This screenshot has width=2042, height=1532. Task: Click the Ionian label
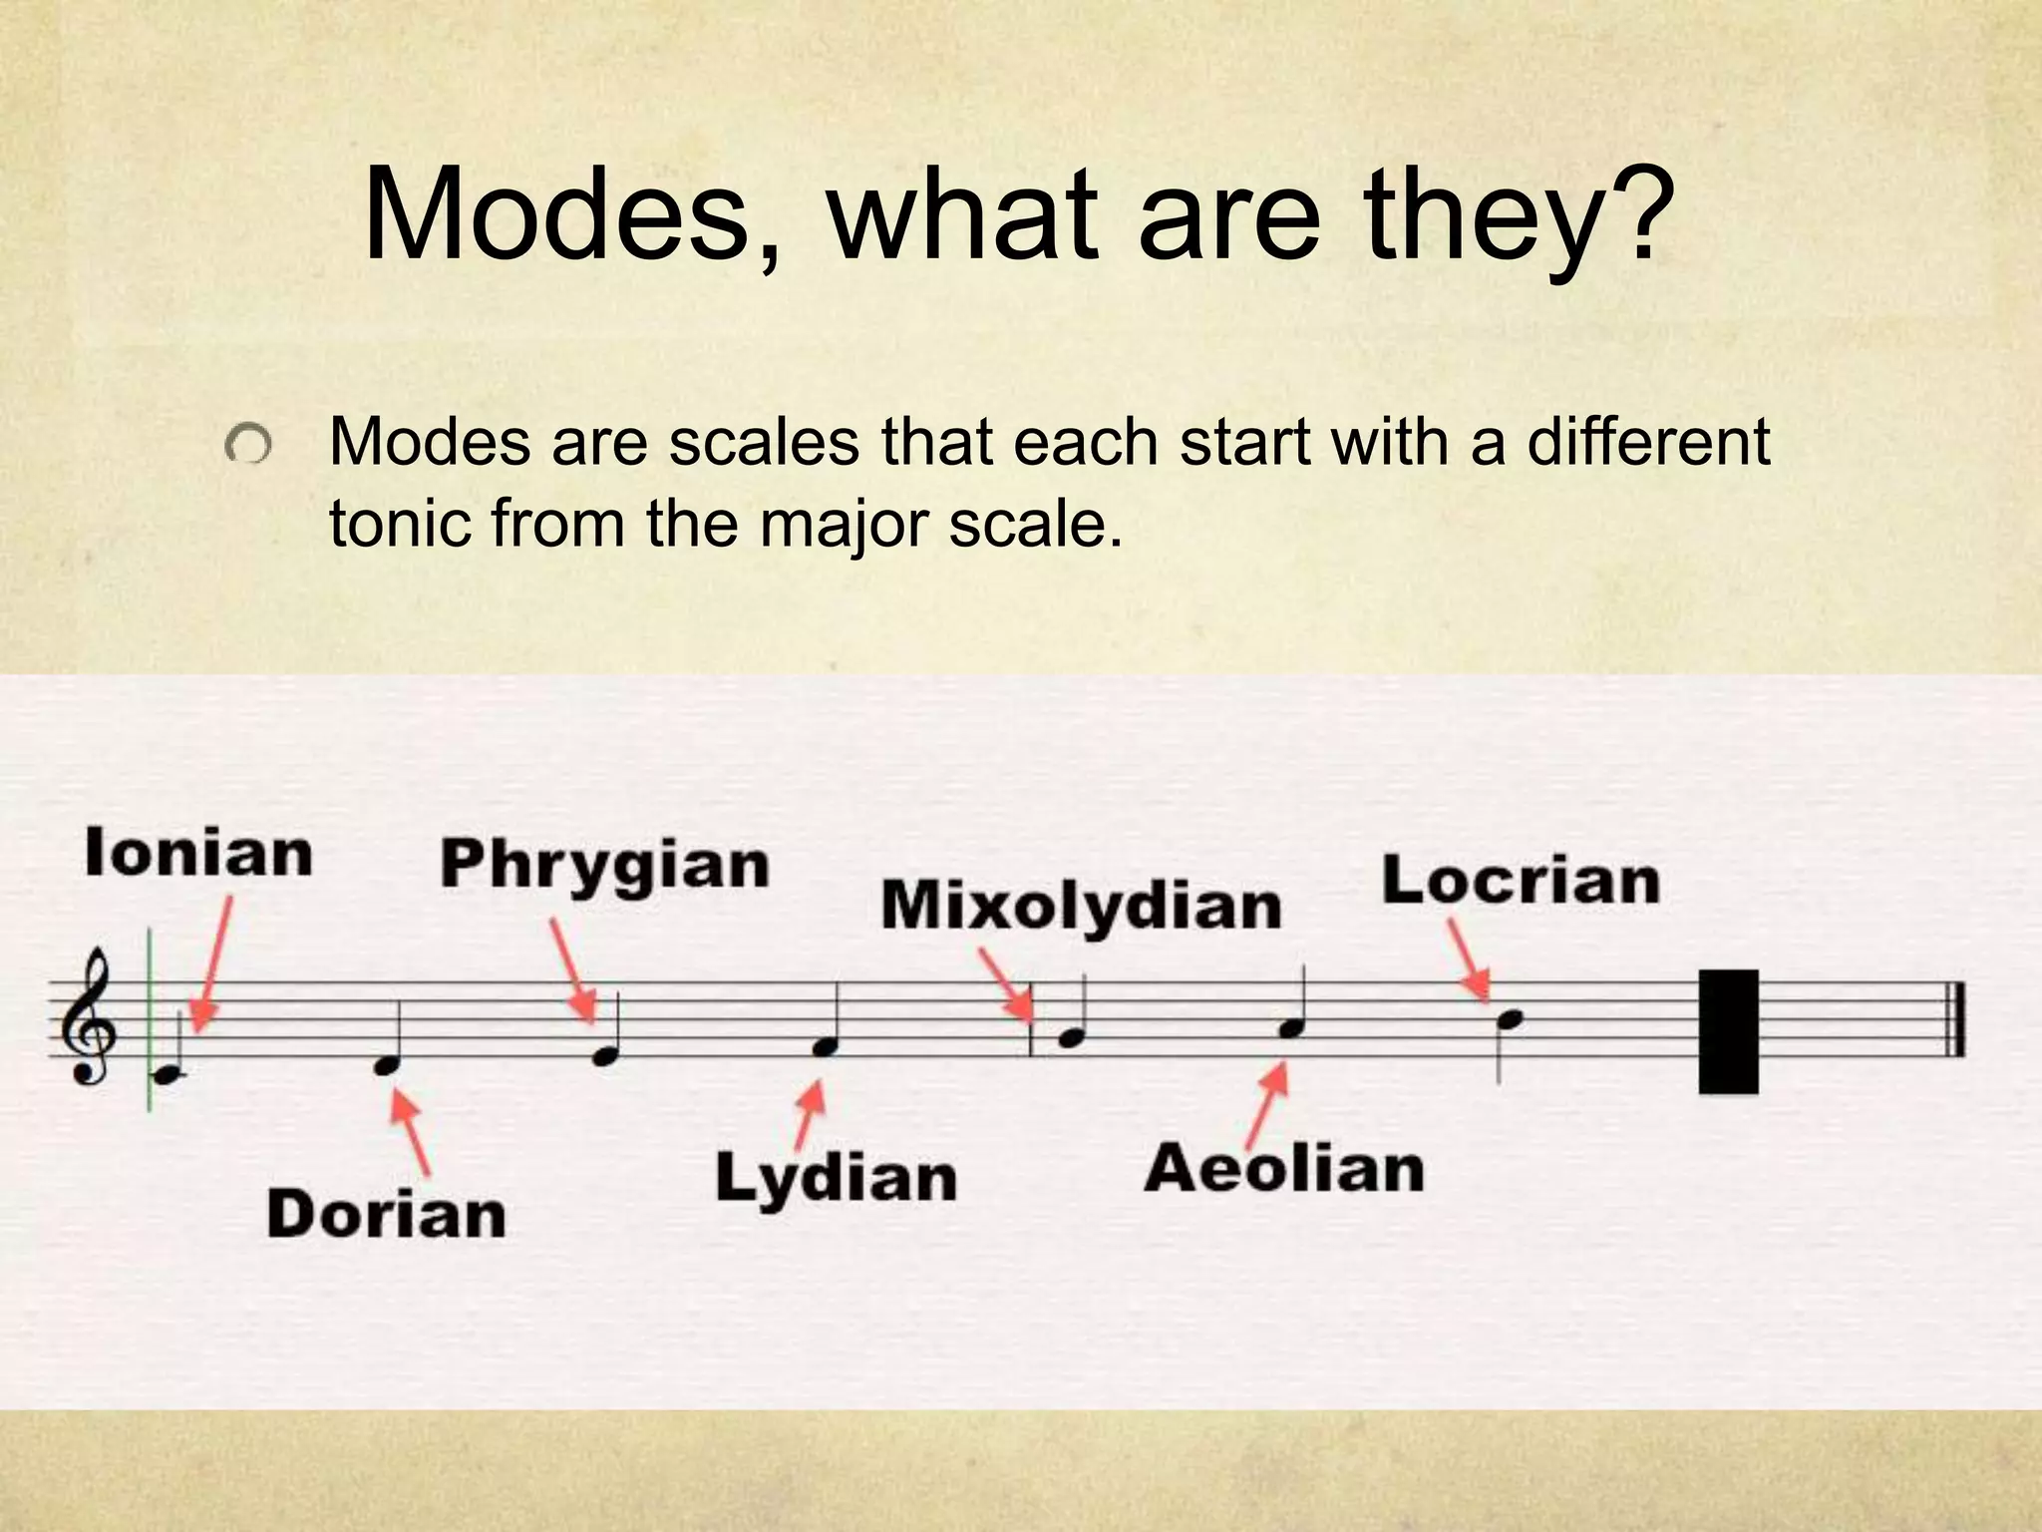[x=198, y=855]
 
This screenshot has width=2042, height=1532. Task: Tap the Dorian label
[x=386, y=1215]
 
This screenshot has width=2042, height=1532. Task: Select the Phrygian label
[x=604, y=865]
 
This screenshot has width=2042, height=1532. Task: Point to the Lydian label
[x=836, y=1178]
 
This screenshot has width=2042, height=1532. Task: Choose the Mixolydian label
[x=1081, y=907]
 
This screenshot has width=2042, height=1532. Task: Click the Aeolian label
[x=1284, y=1169]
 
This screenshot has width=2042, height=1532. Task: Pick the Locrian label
[x=1521, y=882]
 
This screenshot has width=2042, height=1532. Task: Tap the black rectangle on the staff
[x=1728, y=1031]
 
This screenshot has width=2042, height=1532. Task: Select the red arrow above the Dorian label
[x=411, y=1132]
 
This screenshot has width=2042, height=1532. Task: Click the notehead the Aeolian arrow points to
[x=1291, y=1028]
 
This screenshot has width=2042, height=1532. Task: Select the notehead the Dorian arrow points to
[x=386, y=1065]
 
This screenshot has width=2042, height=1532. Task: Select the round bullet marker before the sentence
[x=247, y=445]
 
